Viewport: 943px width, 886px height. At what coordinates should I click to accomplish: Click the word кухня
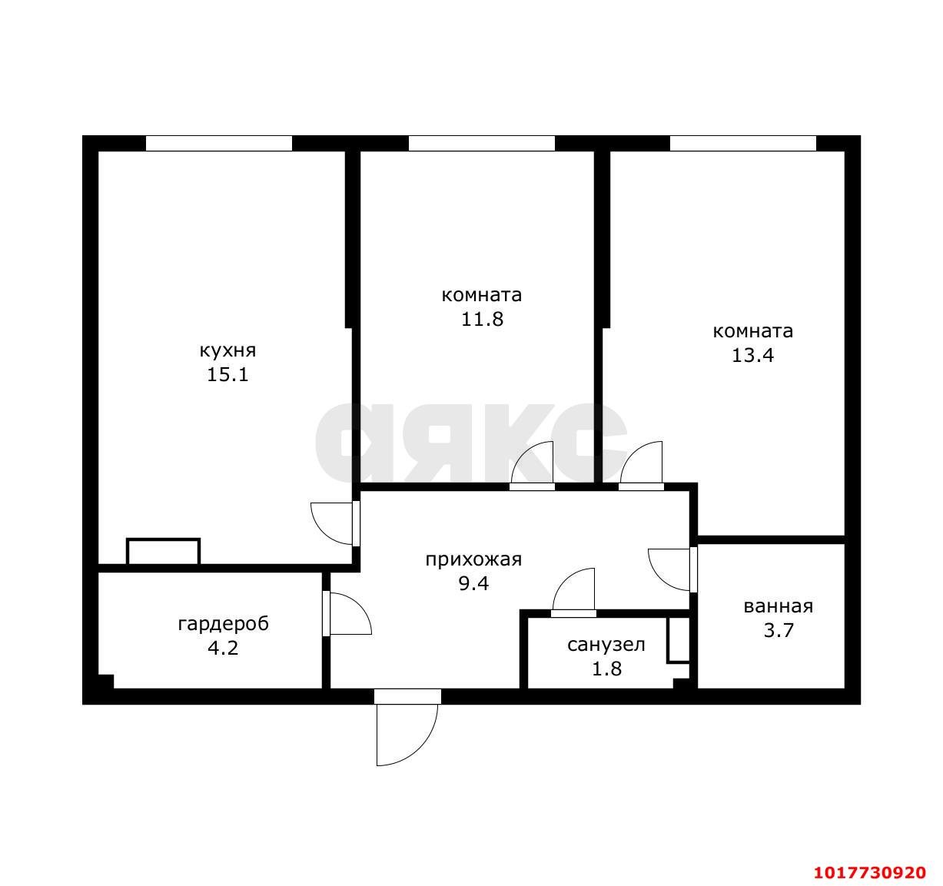227,351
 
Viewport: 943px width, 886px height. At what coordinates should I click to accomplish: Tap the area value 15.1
227,375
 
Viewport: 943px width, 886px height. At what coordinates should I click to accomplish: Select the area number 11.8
482,319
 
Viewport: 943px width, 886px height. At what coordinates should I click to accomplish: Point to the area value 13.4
752,355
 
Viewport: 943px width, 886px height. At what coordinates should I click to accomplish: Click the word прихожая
473,559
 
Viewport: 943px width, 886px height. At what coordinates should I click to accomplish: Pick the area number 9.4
473,583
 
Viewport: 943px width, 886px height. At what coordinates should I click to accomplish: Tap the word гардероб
223,624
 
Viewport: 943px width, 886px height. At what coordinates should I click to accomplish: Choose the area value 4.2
223,648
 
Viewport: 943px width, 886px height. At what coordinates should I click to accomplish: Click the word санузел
606,645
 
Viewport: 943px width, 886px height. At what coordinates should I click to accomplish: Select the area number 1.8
606,669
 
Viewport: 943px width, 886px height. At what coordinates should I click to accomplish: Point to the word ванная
779,606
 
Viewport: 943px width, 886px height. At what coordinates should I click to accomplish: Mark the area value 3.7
779,630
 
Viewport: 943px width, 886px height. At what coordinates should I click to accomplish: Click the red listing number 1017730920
870,871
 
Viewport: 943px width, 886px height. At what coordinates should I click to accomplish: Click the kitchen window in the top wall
218,144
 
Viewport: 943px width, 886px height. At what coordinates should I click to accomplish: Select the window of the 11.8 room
481,144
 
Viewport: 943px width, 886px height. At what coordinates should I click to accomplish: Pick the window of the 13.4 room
742,144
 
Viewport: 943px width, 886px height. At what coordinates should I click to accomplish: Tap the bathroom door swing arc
662,579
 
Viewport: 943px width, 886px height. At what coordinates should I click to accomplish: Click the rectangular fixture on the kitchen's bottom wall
163,552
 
